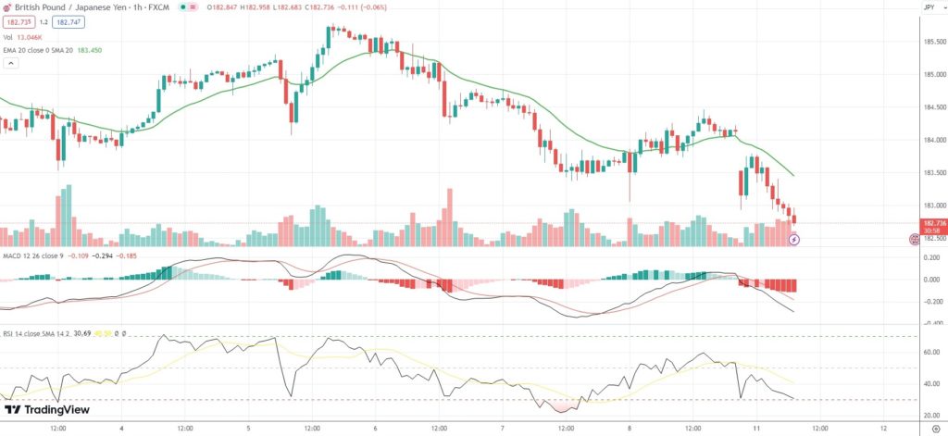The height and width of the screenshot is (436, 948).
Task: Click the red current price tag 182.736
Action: (932, 223)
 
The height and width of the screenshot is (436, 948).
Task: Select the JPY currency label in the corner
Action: (929, 6)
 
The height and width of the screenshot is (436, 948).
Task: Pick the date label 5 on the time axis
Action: (248, 429)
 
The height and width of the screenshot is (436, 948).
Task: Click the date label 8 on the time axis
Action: (629, 429)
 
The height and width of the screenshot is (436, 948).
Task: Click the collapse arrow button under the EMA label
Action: (11, 64)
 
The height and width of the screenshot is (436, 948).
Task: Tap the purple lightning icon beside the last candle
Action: (793, 240)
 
